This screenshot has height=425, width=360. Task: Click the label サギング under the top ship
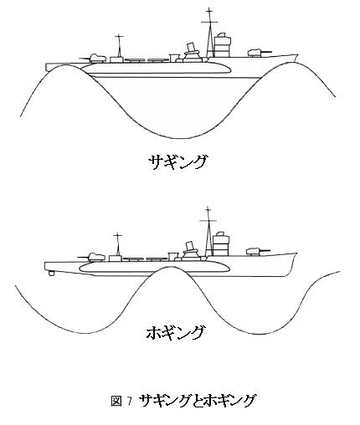(177, 161)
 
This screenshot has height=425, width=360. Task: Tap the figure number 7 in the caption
(129, 401)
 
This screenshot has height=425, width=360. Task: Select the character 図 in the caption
(116, 401)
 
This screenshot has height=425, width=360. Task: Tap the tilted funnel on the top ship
(192, 49)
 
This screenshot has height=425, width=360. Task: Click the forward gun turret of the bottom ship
(257, 251)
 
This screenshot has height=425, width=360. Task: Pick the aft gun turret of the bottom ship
(94, 257)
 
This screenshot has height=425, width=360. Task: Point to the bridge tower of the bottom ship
(221, 243)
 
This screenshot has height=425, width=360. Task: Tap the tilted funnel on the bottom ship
(191, 247)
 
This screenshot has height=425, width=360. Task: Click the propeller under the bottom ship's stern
(51, 273)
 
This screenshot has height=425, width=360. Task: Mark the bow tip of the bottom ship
(296, 253)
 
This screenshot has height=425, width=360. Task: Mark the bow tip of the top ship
(297, 55)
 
